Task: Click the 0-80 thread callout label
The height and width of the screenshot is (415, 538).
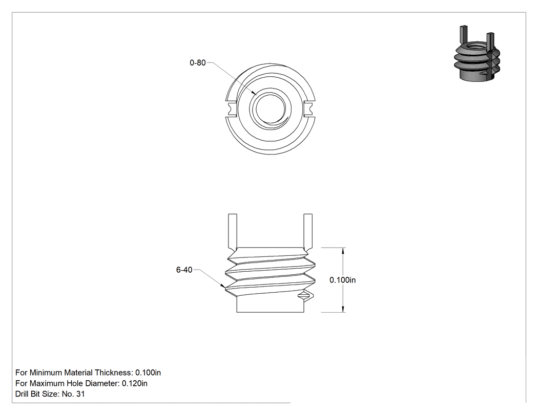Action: coord(198,63)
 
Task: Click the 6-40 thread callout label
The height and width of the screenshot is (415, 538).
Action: coord(184,270)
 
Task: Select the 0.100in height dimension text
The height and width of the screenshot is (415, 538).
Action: coord(342,280)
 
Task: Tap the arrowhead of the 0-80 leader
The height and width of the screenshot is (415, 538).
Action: coord(254,93)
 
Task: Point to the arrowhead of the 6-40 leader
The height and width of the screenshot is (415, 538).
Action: coord(223,286)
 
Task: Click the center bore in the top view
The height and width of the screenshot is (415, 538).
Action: coord(270,109)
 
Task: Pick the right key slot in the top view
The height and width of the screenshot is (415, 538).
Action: coord(309,109)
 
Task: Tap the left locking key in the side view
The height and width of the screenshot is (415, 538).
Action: coord(233,232)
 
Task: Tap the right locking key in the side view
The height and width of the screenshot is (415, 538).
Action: coord(308,232)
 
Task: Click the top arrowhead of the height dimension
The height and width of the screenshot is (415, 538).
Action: coord(343,251)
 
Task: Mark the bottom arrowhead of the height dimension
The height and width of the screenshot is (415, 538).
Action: coord(343,309)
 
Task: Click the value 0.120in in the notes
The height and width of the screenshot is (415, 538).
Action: coord(134,383)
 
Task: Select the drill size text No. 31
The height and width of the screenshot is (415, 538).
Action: coord(73,394)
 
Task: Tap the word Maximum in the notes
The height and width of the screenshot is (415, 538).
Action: coord(45,383)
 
